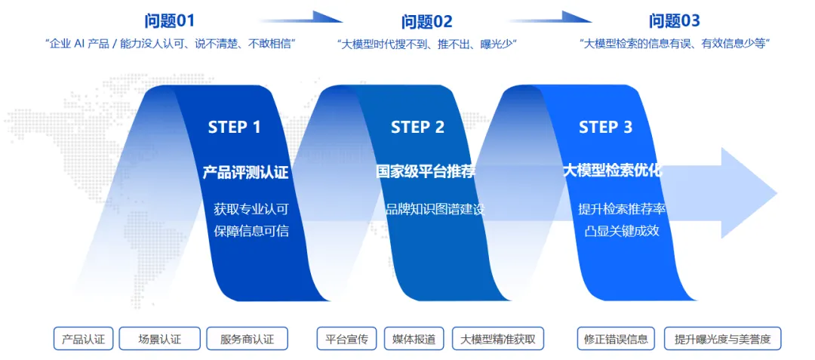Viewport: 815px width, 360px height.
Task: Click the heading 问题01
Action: (170, 21)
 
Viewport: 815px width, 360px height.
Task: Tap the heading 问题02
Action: (427, 21)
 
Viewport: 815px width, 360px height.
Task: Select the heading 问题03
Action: (675, 21)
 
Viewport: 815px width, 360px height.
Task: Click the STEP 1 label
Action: (234, 127)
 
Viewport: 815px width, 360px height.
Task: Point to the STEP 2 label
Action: (417, 127)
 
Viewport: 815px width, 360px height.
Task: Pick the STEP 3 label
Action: (605, 127)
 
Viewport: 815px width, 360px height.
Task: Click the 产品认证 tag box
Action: (83, 339)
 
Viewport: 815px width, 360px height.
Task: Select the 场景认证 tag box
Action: (160, 339)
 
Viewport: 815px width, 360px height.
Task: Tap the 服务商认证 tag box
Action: (247, 339)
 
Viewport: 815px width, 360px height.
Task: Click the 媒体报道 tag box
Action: (414, 339)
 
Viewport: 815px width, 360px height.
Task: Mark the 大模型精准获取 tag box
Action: (498, 339)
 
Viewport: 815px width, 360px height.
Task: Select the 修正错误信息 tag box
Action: (616, 339)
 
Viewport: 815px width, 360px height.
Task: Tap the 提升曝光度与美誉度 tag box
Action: (722, 339)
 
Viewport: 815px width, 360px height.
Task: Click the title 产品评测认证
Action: (245, 171)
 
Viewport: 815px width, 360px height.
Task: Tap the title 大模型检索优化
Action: (612, 170)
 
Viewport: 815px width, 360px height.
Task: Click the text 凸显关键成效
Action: (622, 230)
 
